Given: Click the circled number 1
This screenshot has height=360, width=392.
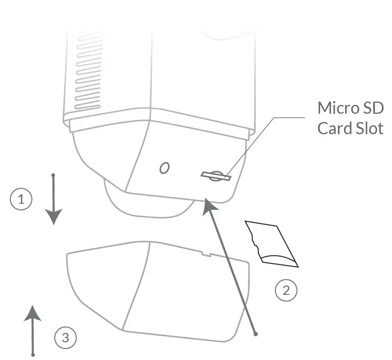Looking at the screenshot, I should pyautogui.click(x=22, y=199).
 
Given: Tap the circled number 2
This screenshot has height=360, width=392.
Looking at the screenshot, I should pyautogui.click(x=286, y=290).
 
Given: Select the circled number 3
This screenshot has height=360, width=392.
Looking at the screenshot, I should pyautogui.click(x=66, y=337).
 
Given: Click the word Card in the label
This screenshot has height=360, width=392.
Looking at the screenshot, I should pyautogui.click(x=333, y=128).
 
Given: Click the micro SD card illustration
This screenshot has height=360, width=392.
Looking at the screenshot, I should pyautogui.click(x=272, y=243).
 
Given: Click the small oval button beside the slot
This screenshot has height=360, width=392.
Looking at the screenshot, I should pyautogui.click(x=164, y=168).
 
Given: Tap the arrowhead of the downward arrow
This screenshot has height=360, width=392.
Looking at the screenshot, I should pyautogui.click(x=53, y=216).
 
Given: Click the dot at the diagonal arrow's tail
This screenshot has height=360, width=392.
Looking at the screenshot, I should pyautogui.click(x=255, y=333).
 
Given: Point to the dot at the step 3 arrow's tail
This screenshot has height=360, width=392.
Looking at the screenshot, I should pyautogui.click(x=33, y=354).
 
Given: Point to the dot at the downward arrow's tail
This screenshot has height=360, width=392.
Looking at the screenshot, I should pyautogui.click(x=53, y=176).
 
